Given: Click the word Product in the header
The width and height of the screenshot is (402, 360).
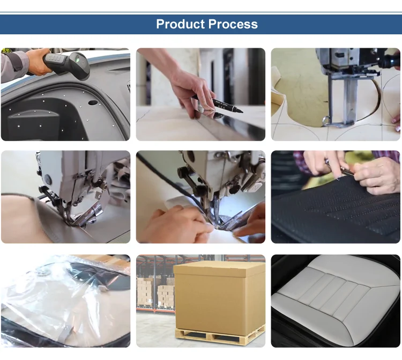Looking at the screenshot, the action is [x=181, y=24].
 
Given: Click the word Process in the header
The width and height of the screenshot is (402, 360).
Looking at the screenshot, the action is [x=233, y=24].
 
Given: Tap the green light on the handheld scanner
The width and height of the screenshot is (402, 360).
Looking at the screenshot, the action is [x=77, y=60].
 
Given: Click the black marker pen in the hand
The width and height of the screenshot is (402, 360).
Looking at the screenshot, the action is [x=218, y=104].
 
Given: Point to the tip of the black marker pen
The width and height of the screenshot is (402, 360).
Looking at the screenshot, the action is [x=242, y=112].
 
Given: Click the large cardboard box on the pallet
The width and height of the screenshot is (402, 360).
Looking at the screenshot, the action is [x=219, y=298].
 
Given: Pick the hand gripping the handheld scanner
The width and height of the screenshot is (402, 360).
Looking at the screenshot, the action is [x=39, y=62].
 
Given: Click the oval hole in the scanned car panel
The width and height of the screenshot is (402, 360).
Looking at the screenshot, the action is [x=93, y=102].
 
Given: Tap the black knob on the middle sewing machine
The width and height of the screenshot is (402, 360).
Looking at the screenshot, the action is [x=183, y=171].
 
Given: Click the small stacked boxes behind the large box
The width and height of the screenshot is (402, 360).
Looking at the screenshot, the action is [x=166, y=296].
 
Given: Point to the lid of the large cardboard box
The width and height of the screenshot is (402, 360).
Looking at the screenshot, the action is [x=219, y=269].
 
